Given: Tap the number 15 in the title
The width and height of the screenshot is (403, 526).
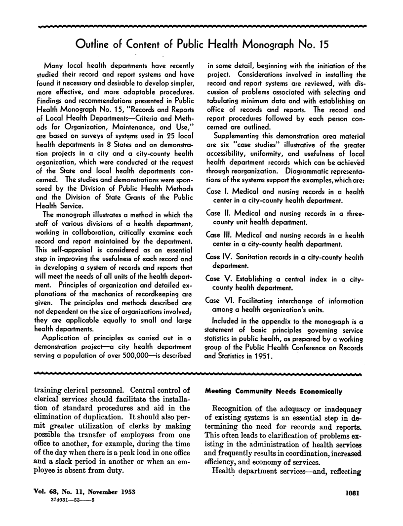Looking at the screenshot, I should [322, 45].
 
